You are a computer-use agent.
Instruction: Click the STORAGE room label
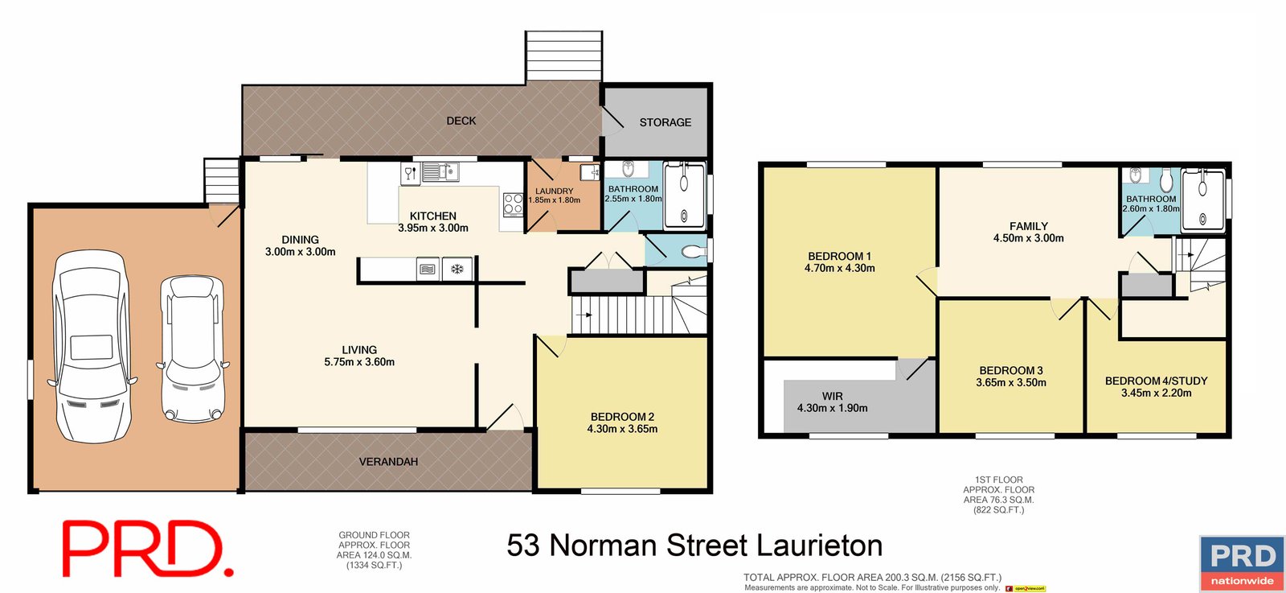point(665,122)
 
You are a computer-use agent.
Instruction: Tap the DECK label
point(461,121)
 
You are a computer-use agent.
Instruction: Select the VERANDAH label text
point(388,462)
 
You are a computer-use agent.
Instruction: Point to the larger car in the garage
point(90,346)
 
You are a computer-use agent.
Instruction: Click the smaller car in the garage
point(192,349)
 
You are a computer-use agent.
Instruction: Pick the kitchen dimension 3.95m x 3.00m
point(433,229)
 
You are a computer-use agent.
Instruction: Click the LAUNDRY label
point(554,191)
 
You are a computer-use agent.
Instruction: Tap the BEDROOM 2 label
point(622,417)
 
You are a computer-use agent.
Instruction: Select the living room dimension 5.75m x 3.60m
point(359,362)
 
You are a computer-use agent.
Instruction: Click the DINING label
point(300,240)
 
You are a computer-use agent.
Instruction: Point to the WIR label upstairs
point(833,396)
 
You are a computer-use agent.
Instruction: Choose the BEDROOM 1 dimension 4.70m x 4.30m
point(840,269)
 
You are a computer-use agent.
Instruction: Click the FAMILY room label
point(1029,226)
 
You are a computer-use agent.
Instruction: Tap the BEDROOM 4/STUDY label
point(1156,381)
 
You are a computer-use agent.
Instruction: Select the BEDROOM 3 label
point(1011,371)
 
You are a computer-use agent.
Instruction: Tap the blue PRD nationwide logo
point(1242,563)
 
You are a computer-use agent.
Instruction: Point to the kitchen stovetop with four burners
point(513,204)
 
